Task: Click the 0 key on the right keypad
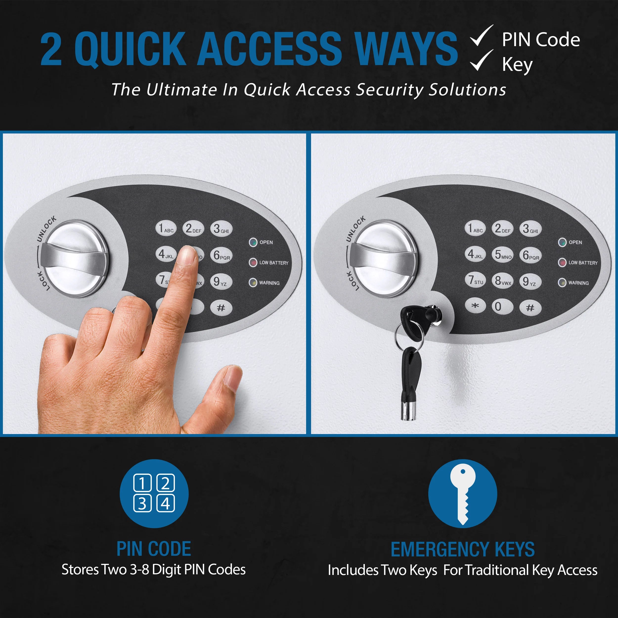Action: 503,307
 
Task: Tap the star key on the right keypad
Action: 475,306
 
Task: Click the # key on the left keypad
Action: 221,308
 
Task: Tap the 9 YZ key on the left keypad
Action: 221,282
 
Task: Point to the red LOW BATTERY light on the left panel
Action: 253,263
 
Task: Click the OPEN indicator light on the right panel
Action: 562,242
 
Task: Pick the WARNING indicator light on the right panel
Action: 562,283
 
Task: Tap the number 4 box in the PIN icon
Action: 165,504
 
